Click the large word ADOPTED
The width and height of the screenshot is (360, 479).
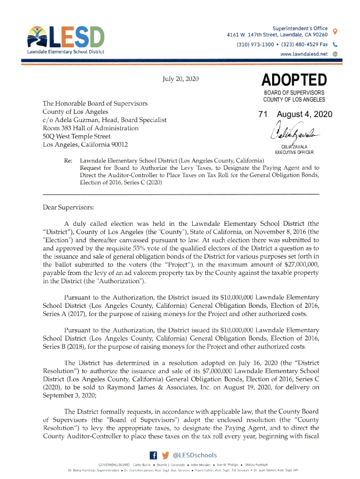click(294, 80)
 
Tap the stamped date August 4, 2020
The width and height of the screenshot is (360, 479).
click(304, 115)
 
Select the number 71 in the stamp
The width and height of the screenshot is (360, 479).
click(265, 115)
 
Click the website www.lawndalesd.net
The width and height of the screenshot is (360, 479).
click(303, 54)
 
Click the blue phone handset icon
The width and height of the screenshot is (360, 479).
click(335, 44)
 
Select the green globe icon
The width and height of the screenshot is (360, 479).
click(335, 54)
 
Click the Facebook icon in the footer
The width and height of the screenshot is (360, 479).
click(152, 455)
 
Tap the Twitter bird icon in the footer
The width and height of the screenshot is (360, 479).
click(165, 455)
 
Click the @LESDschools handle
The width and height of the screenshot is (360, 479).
click(195, 455)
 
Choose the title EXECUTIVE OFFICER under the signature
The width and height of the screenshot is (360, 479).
click(294, 152)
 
